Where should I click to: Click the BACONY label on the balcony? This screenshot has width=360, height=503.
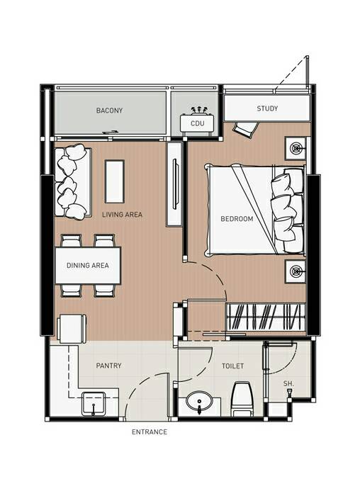[x=109, y=111]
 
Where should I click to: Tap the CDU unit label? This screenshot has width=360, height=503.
[x=197, y=123]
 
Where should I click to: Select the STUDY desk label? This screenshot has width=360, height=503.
[x=267, y=108]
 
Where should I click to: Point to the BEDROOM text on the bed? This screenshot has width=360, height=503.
[x=237, y=219]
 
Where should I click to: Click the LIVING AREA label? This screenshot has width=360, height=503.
[x=122, y=214]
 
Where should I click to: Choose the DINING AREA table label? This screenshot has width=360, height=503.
[x=88, y=265]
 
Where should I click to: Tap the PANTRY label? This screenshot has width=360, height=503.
[x=108, y=366]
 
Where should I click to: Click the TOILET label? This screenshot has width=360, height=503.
[x=232, y=366]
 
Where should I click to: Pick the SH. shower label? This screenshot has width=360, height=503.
[x=288, y=383]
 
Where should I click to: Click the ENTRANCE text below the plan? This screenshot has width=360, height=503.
[x=150, y=431]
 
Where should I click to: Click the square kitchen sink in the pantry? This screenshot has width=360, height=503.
[x=94, y=404]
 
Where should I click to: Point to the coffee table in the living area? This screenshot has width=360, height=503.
[x=115, y=181]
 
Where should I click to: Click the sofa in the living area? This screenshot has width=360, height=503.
[x=72, y=182]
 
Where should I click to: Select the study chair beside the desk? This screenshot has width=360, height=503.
[x=246, y=129]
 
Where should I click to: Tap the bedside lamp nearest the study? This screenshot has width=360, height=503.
[x=296, y=148]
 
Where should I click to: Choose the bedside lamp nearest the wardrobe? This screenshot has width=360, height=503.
[x=296, y=271]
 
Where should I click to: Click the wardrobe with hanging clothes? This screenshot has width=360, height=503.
[x=266, y=317]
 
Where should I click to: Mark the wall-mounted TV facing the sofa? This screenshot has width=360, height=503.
[x=175, y=184]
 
